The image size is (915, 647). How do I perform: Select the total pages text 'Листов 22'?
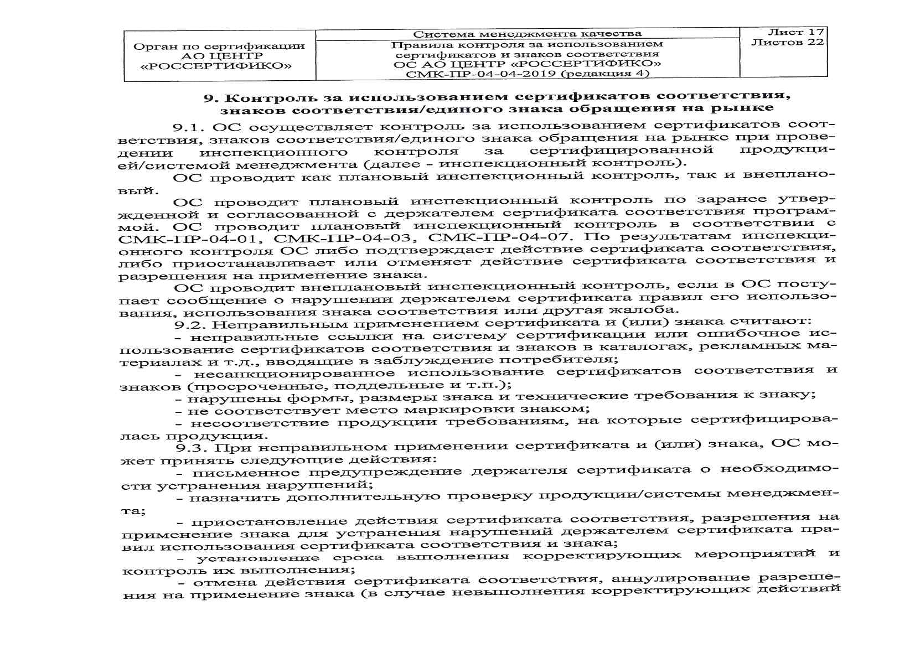click(788, 42)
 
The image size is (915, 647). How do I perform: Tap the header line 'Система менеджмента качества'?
click(528, 34)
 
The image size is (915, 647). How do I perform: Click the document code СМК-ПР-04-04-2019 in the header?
click(482, 74)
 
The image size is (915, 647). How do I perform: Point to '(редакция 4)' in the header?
click(606, 73)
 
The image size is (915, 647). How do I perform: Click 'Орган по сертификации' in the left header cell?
click(219, 46)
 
